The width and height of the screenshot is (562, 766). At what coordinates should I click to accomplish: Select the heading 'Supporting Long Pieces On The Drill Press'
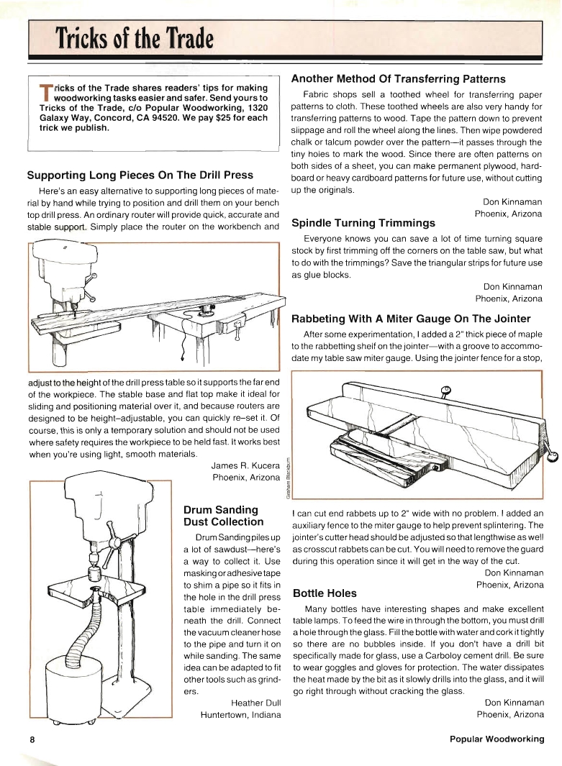(140, 175)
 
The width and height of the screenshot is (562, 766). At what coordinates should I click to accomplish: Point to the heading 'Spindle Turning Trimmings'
(363, 223)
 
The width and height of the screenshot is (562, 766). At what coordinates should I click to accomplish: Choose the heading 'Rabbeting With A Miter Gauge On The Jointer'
(410, 319)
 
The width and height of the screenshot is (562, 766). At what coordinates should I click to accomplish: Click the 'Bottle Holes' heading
(325, 593)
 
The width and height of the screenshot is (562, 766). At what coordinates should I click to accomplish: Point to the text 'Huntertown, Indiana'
(240, 715)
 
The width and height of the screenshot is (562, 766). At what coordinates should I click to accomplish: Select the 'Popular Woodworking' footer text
(497, 739)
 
